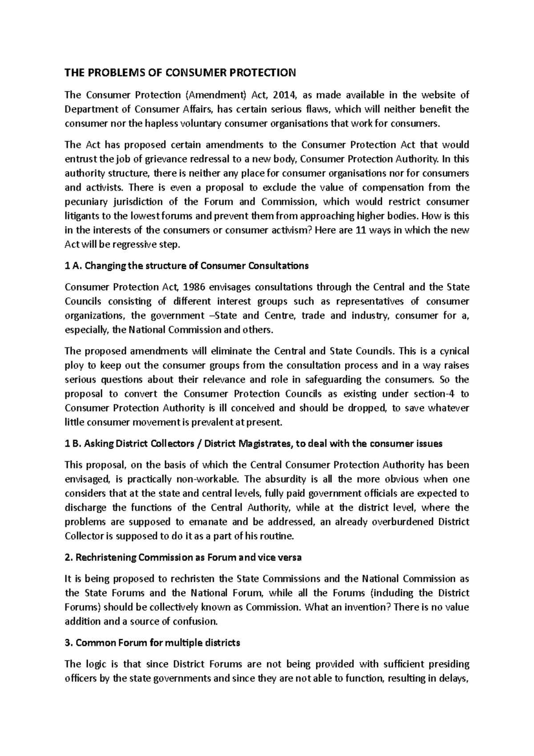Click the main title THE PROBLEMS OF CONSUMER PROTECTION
pyautogui.click(x=180, y=73)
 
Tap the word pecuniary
pyautogui.click(x=86, y=202)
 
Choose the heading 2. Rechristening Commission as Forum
pyautogui.click(x=183, y=558)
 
